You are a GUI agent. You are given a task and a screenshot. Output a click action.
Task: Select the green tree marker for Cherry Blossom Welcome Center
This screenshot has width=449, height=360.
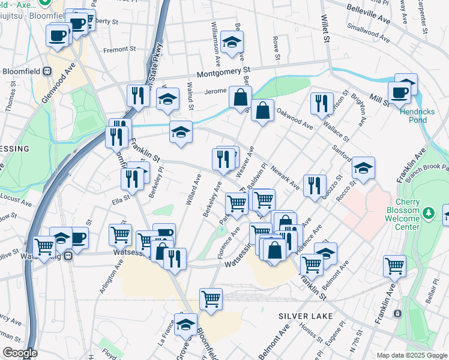(x=428, y=212)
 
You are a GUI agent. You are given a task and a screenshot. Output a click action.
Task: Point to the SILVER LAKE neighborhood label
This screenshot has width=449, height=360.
(x=301, y=315)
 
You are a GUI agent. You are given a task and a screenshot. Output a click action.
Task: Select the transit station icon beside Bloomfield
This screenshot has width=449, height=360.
(x=47, y=71)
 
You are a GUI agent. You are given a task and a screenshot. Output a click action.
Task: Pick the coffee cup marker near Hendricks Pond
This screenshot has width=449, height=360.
(x=399, y=92)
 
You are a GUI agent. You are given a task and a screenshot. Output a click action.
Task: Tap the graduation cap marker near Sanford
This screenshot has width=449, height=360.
(x=363, y=169)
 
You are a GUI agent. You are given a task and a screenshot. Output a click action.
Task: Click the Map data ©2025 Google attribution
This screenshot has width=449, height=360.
(x=411, y=355)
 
